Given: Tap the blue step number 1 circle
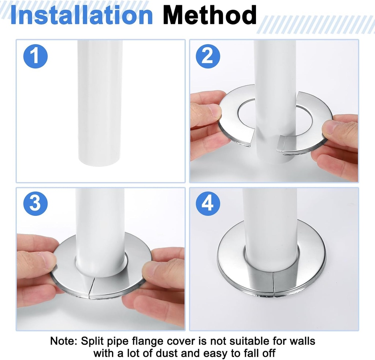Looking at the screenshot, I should tap(36, 56).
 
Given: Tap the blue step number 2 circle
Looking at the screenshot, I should tap(208, 56).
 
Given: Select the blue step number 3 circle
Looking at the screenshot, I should tap(36, 203).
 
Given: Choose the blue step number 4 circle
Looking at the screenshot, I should tap(208, 203).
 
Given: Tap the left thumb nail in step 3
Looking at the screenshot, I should tap(48, 258).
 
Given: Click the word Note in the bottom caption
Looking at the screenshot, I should tap(63, 341).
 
